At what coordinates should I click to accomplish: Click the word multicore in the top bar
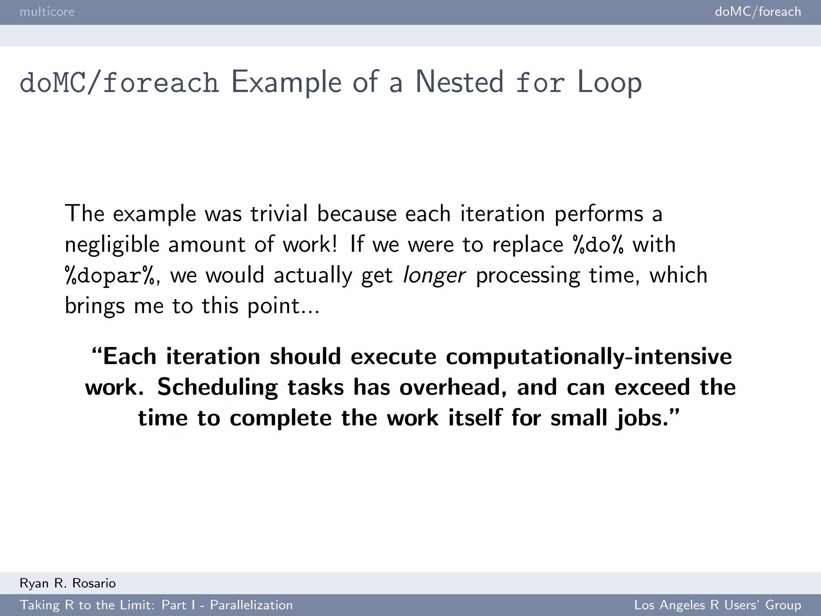coord(47,12)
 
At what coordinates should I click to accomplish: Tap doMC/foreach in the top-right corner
coord(758,12)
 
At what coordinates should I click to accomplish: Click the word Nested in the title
coord(459,82)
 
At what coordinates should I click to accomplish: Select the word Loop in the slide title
coord(609,83)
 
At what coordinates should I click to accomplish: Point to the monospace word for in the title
coord(540,82)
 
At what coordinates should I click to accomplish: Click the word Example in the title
coord(286,83)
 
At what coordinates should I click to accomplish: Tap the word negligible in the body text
coord(112,245)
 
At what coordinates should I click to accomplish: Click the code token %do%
coord(598,245)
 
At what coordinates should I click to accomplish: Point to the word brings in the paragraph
coord(95,306)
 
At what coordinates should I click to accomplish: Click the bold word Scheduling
coord(217,387)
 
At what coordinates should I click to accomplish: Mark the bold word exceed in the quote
coord(652,387)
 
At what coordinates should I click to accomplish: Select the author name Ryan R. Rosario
coord(68,583)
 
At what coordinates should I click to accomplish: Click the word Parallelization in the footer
coord(251,605)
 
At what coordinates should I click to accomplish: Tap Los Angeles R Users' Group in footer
coord(718,605)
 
